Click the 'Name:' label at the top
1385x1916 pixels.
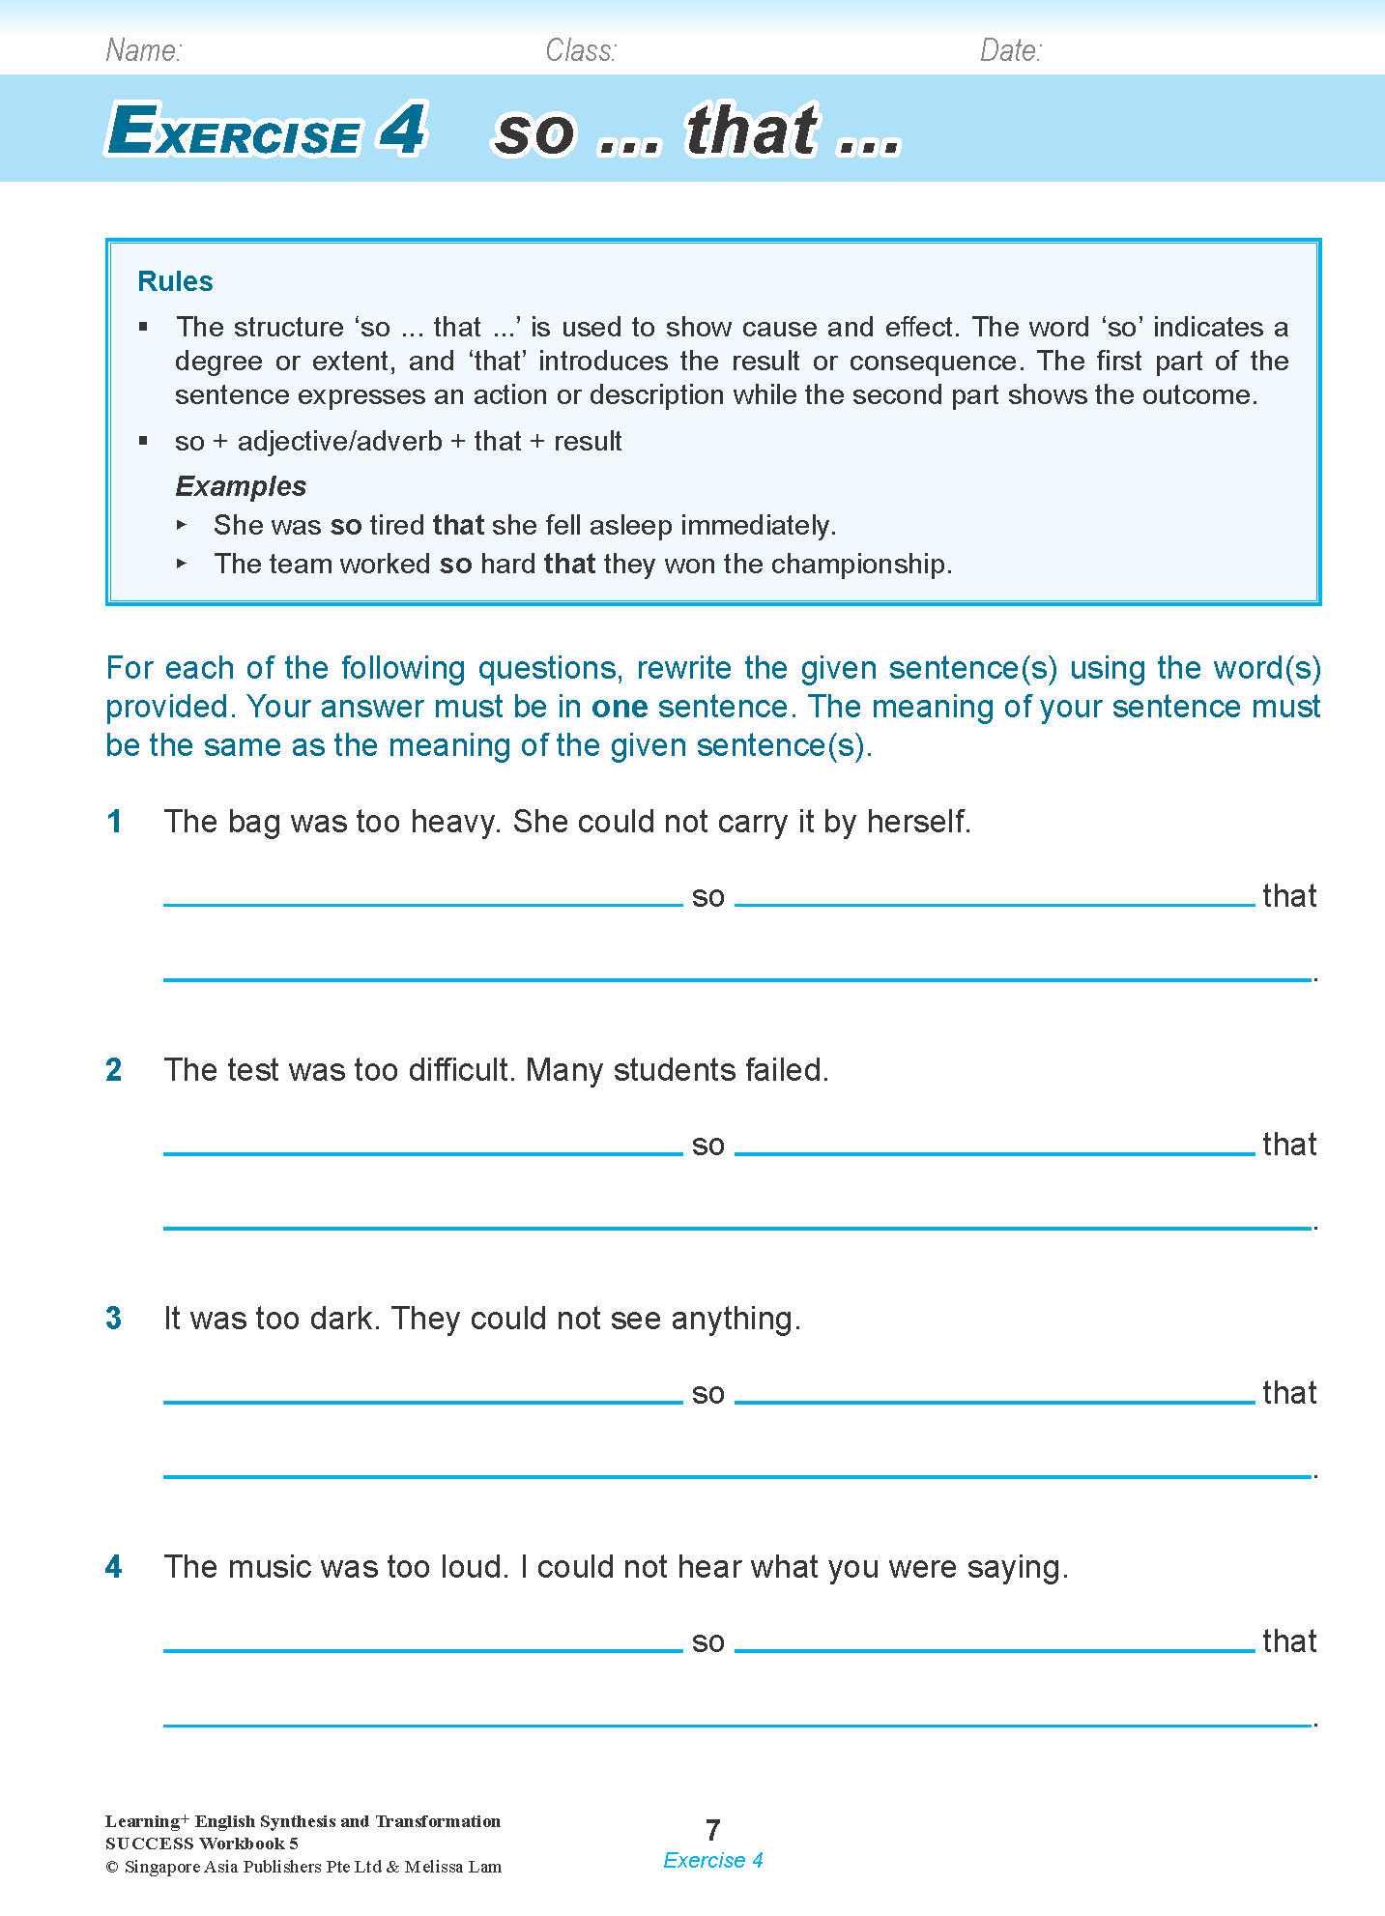[x=143, y=50]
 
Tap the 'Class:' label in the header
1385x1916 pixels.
[x=580, y=50]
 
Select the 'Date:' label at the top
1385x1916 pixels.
[x=1010, y=50]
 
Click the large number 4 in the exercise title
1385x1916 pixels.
[x=401, y=130]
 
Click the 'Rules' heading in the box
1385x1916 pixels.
[x=175, y=281]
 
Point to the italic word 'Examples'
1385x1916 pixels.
[x=241, y=485]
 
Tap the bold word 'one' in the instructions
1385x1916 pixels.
[x=620, y=707]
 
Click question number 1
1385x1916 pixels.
[x=114, y=822]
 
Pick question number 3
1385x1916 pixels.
[x=114, y=1319]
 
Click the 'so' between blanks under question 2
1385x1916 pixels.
[x=708, y=1146]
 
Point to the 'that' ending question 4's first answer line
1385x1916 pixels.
[x=1289, y=1641]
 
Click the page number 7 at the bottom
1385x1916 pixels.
[x=713, y=1830]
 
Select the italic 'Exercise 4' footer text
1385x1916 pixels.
[x=713, y=1861]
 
